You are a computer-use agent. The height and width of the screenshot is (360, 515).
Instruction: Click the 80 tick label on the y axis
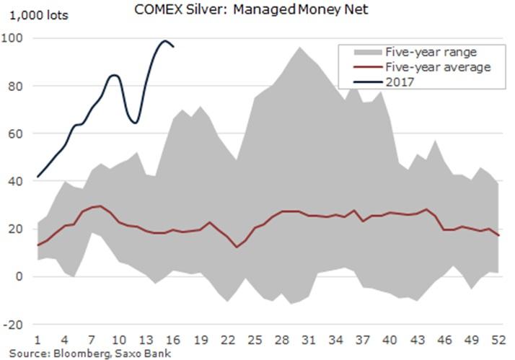(x=16, y=86)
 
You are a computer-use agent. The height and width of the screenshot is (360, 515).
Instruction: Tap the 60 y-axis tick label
(x=16, y=133)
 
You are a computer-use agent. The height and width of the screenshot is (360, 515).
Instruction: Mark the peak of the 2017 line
(x=164, y=41)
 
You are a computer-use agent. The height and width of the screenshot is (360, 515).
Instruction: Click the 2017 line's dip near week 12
(x=135, y=123)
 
